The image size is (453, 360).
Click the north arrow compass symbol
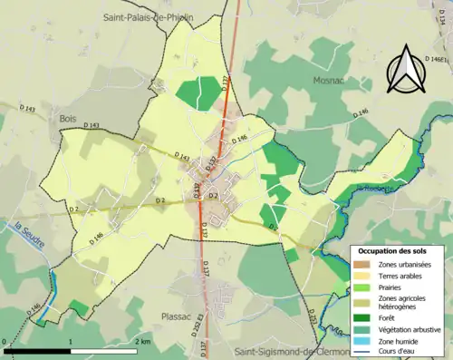point(405,69)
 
